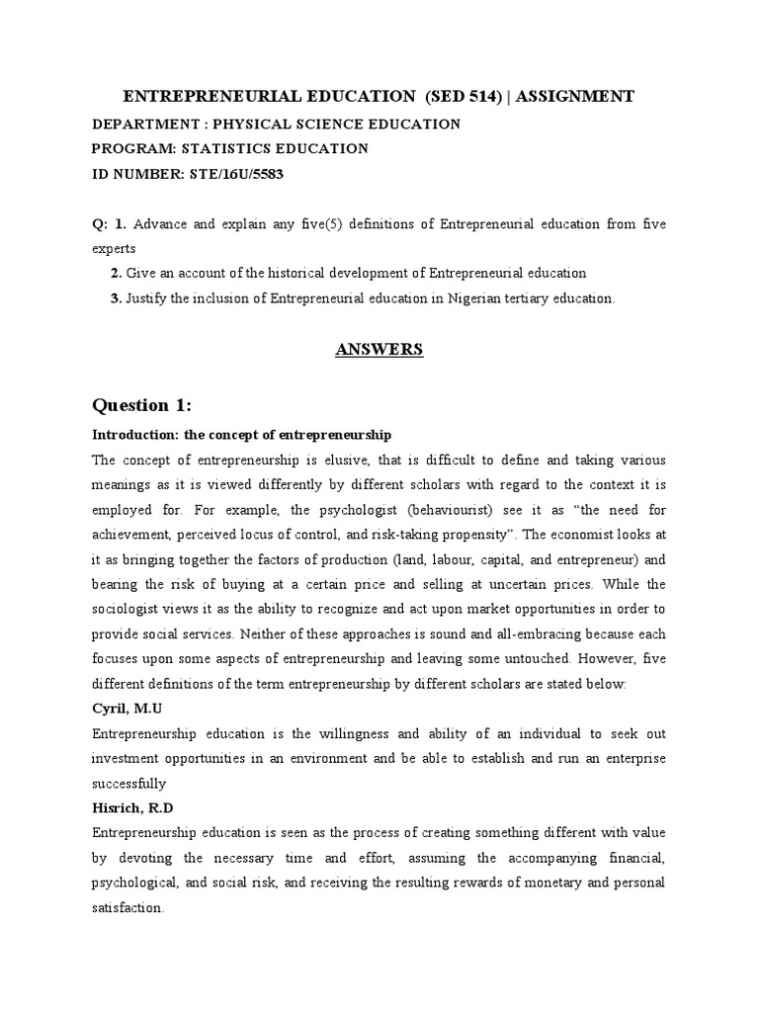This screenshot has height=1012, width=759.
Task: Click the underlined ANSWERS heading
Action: [379, 349]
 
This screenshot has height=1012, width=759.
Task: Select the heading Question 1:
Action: [143, 404]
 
